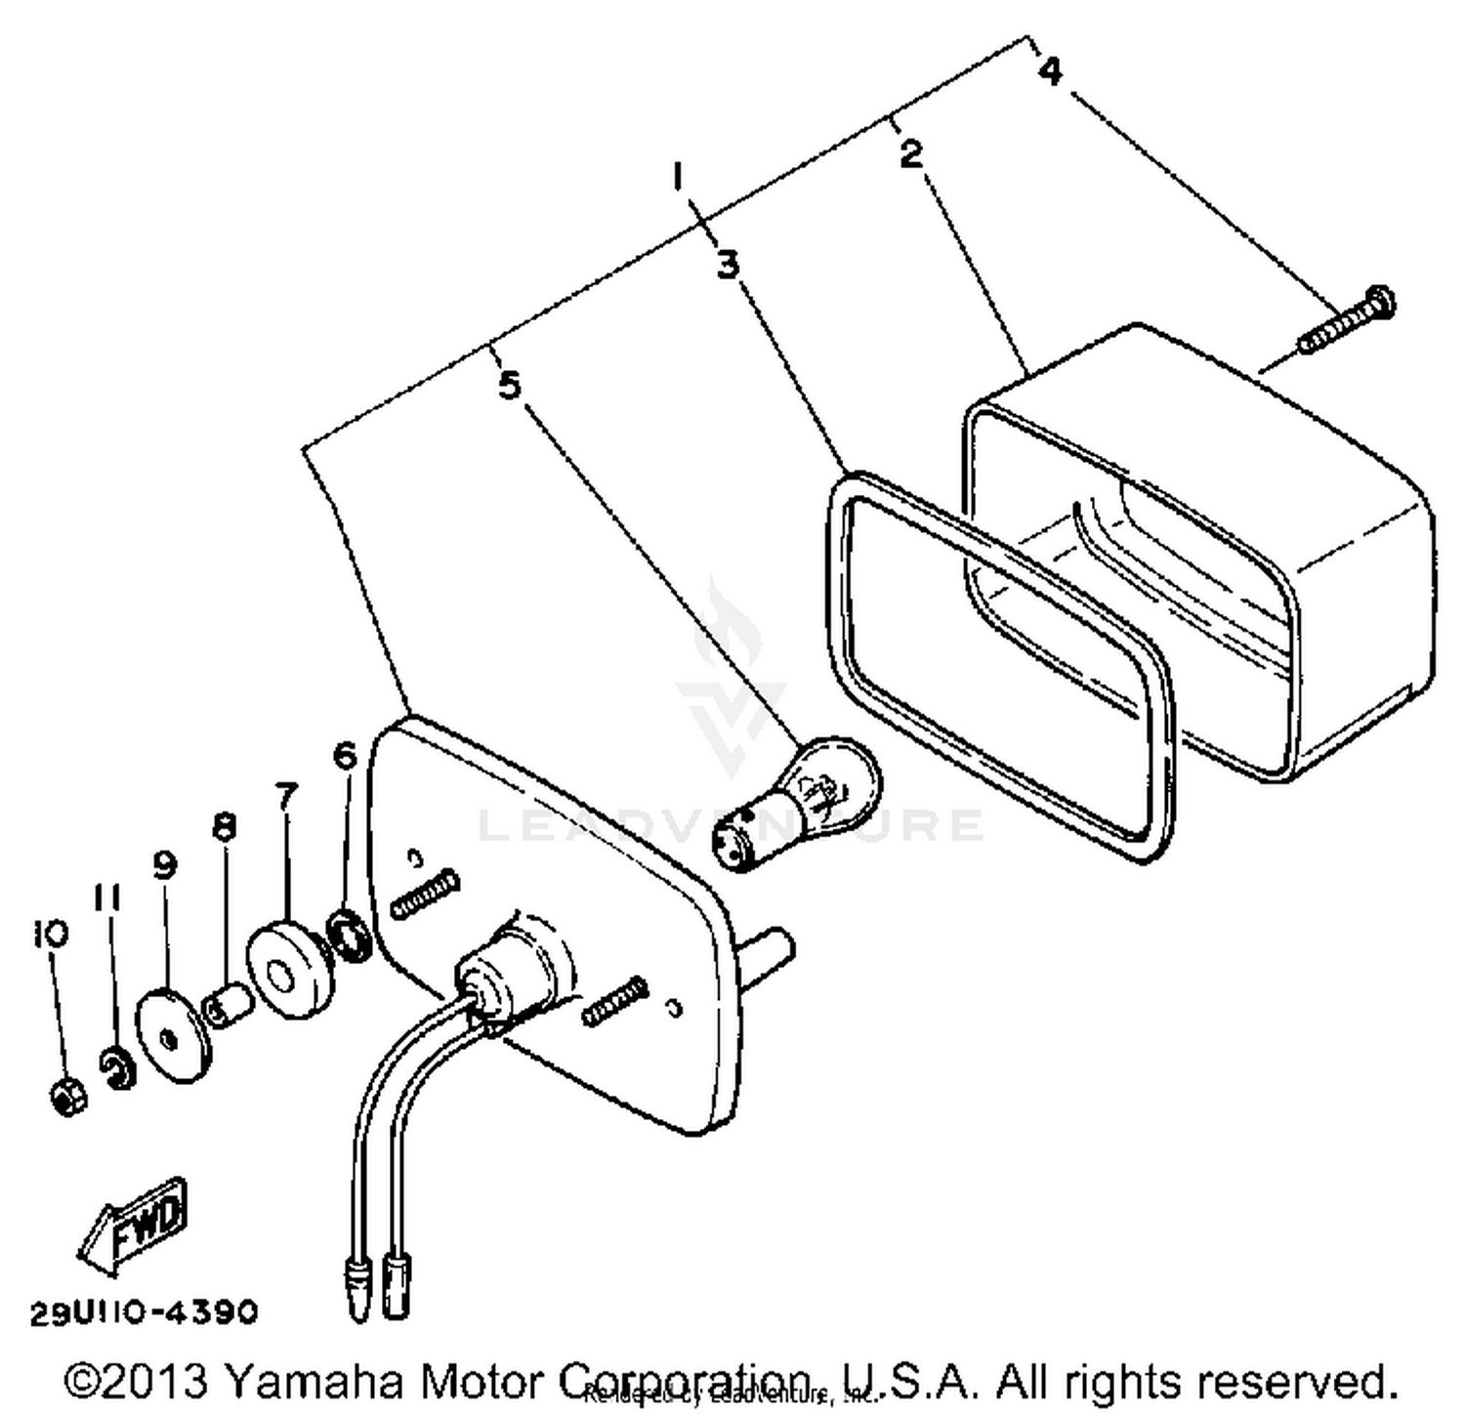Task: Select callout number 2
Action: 910,153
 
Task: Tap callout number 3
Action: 728,264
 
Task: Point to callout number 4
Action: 1050,70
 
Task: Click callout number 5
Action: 509,385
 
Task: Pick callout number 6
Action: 346,755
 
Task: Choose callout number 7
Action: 285,796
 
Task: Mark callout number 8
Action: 224,827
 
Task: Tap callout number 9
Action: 164,863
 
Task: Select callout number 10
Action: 50,933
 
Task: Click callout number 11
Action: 106,897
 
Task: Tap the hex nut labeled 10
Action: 67,1095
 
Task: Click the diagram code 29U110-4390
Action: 144,1312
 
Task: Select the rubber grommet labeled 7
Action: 287,967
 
